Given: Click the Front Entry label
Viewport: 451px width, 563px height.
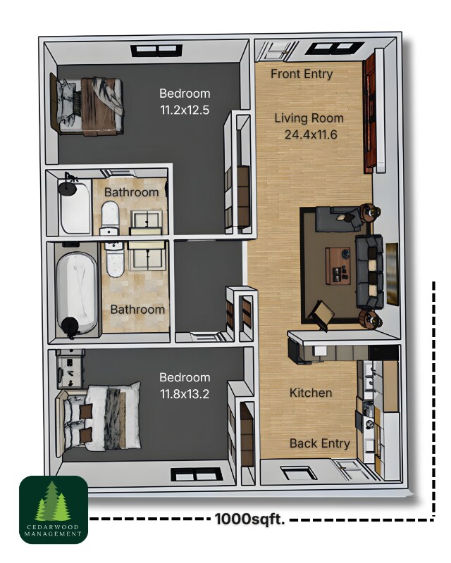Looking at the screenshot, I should click(302, 74).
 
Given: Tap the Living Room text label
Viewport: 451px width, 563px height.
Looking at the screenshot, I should click(309, 118).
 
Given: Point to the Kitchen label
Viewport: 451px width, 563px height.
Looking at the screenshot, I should click(311, 393).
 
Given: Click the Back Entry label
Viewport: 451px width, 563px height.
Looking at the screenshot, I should click(319, 443).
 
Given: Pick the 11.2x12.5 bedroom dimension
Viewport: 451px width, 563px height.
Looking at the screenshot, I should click(185, 109).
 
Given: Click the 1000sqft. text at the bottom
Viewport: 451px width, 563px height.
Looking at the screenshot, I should click(249, 520).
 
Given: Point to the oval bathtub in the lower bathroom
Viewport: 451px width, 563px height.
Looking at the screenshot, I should click(75, 293).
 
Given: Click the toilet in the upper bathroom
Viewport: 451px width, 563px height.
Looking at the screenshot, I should click(110, 217).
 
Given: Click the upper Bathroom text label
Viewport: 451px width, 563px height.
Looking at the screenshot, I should click(132, 192).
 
